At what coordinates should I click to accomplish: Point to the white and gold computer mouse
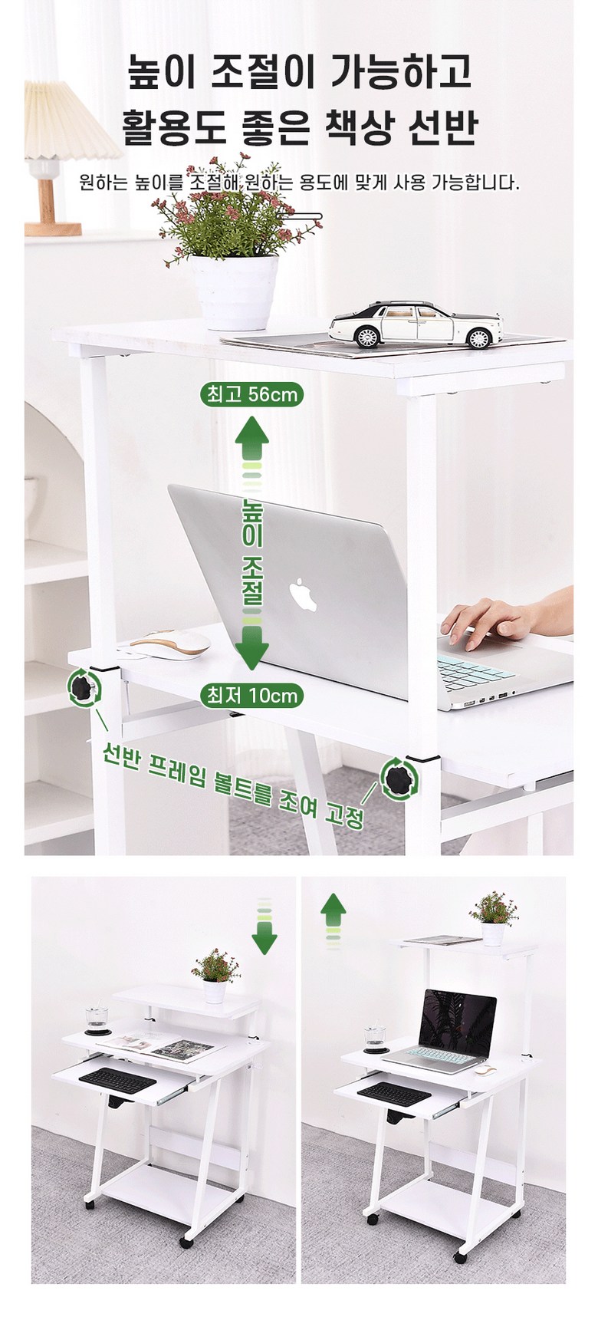[169, 644]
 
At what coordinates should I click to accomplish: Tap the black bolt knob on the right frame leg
[399, 779]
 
